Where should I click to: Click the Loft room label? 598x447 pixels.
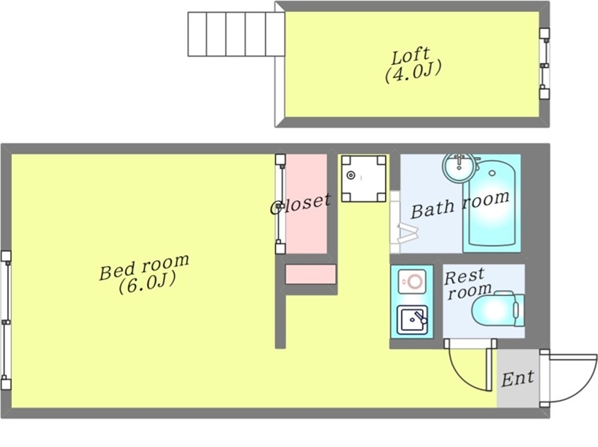click(413, 65)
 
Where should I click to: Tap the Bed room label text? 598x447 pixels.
click(144, 273)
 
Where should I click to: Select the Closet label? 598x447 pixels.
click(300, 204)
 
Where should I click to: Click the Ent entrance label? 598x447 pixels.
click(517, 379)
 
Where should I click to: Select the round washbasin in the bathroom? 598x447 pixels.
click(460, 166)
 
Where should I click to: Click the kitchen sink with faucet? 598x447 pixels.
click(413, 320)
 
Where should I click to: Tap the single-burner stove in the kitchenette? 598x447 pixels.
click(412, 282)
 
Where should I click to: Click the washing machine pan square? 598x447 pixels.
click(363, 178)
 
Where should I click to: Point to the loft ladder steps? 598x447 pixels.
click(236, 34)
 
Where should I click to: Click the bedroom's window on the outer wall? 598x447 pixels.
click(6, 320)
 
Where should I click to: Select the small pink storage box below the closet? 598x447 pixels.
click(310, 274)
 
